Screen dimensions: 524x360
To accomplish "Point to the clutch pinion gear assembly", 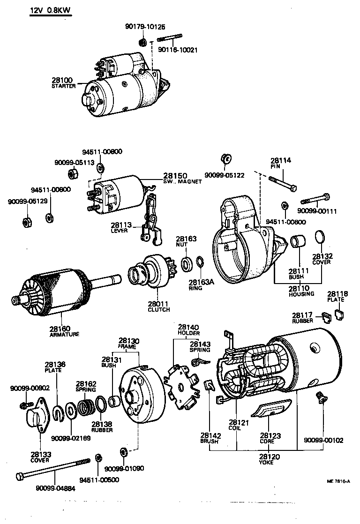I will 148,272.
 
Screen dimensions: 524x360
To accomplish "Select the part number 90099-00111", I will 317,211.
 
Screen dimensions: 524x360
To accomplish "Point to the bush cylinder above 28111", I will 297,243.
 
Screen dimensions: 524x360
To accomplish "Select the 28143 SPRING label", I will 200,347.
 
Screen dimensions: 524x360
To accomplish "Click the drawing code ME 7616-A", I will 338,481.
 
